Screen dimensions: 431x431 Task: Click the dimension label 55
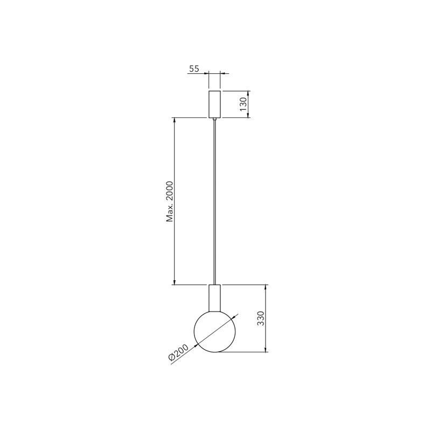(x=194, y=68)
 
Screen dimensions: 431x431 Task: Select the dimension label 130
(x=244, y=104)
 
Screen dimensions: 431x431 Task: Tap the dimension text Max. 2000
(x=170, y=201)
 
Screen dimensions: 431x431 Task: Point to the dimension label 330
(x=260, y=318)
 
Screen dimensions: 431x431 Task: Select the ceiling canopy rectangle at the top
(x=214, y=104)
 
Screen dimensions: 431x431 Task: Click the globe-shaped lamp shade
(x=215, y=331)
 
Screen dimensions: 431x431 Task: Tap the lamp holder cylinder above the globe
(x=214, y=298)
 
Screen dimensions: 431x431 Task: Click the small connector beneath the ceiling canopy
(x=214, y=119)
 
